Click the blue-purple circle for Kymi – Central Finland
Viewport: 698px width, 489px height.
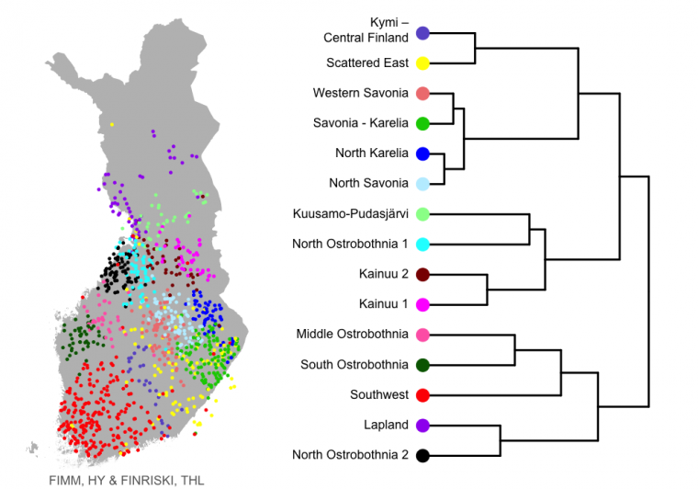(422, 33)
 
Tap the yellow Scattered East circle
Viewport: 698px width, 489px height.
(422, 63)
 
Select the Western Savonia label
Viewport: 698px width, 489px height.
(361, 93)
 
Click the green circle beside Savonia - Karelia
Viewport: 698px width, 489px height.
(422, 124)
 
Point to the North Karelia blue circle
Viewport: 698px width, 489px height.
(422, 154)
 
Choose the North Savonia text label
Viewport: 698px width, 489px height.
(368, 183)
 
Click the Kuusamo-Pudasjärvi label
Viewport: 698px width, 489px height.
(350, 214)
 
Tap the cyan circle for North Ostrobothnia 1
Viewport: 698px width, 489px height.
(422, 244)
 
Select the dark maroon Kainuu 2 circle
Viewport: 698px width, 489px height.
(422, 275)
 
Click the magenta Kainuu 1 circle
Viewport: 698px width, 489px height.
(422, 305)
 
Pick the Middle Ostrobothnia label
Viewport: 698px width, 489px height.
(352, 334)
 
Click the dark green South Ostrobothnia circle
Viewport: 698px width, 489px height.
(422, 365)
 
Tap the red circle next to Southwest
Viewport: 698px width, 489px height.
(422, 395)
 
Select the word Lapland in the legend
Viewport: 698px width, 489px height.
(386, 426)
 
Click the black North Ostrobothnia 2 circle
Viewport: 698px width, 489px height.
(422, 456)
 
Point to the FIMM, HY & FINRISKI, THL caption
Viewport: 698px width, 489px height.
(127, 481)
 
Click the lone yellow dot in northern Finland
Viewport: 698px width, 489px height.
(112, 125)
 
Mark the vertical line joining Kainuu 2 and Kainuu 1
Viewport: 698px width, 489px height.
(487, 290)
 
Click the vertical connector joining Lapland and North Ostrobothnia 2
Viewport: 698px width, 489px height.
(501, 440)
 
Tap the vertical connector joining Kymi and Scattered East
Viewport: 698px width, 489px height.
(475, 48)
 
